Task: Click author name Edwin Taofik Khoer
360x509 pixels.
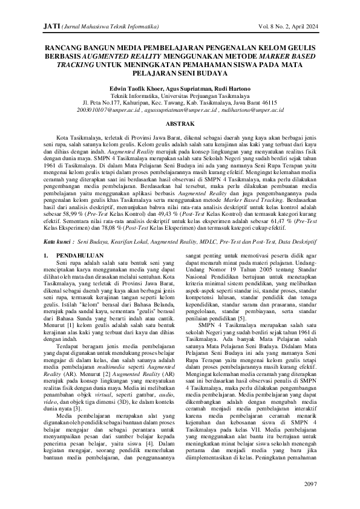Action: click(125, 88)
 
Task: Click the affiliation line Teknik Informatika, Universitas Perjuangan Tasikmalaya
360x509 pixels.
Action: click(180, 96)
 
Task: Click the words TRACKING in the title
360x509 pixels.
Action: click(73, 63)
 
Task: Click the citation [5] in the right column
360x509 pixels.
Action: click(240, 318)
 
